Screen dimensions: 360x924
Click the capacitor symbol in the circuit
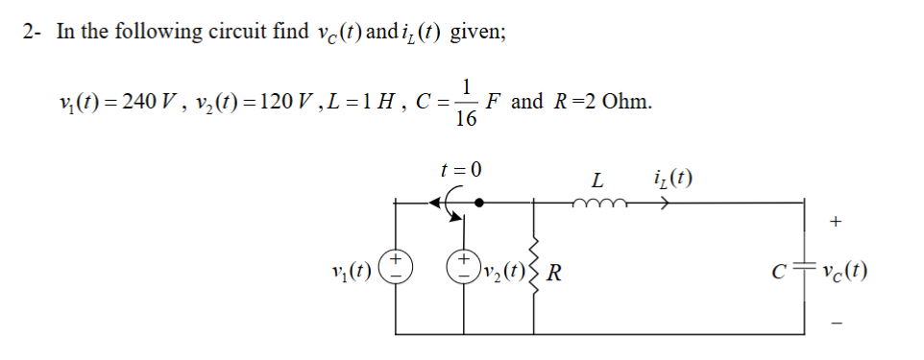(x=803, y=269)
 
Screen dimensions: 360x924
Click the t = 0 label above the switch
(x=460, y=169)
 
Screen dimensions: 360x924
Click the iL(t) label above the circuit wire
(x=671, y=178)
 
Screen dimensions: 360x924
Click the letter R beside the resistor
(x=554, y=272)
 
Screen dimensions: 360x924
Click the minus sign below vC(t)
(x=836, y=318)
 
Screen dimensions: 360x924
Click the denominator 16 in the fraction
(x=466, y=119)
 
